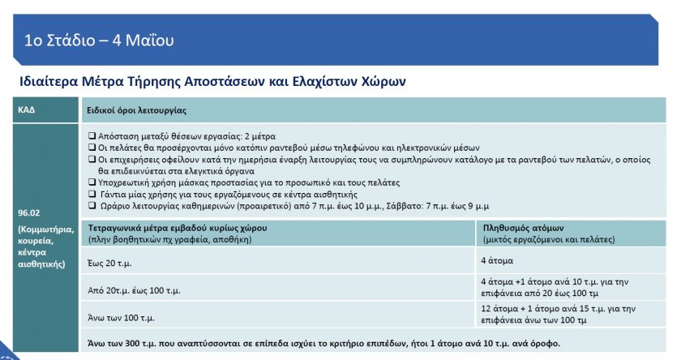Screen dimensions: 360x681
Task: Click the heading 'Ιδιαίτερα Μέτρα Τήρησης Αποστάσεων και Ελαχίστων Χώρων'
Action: point(212,82)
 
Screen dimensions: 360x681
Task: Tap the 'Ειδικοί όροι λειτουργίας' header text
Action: point(137,109)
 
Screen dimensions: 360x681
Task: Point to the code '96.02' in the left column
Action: point(29,214)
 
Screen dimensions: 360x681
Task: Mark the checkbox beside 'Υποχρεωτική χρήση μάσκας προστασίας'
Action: point(91,182)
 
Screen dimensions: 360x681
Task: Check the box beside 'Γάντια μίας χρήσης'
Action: point(91,194)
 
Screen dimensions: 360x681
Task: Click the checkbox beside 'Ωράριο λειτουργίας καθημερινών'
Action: point(91,205)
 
